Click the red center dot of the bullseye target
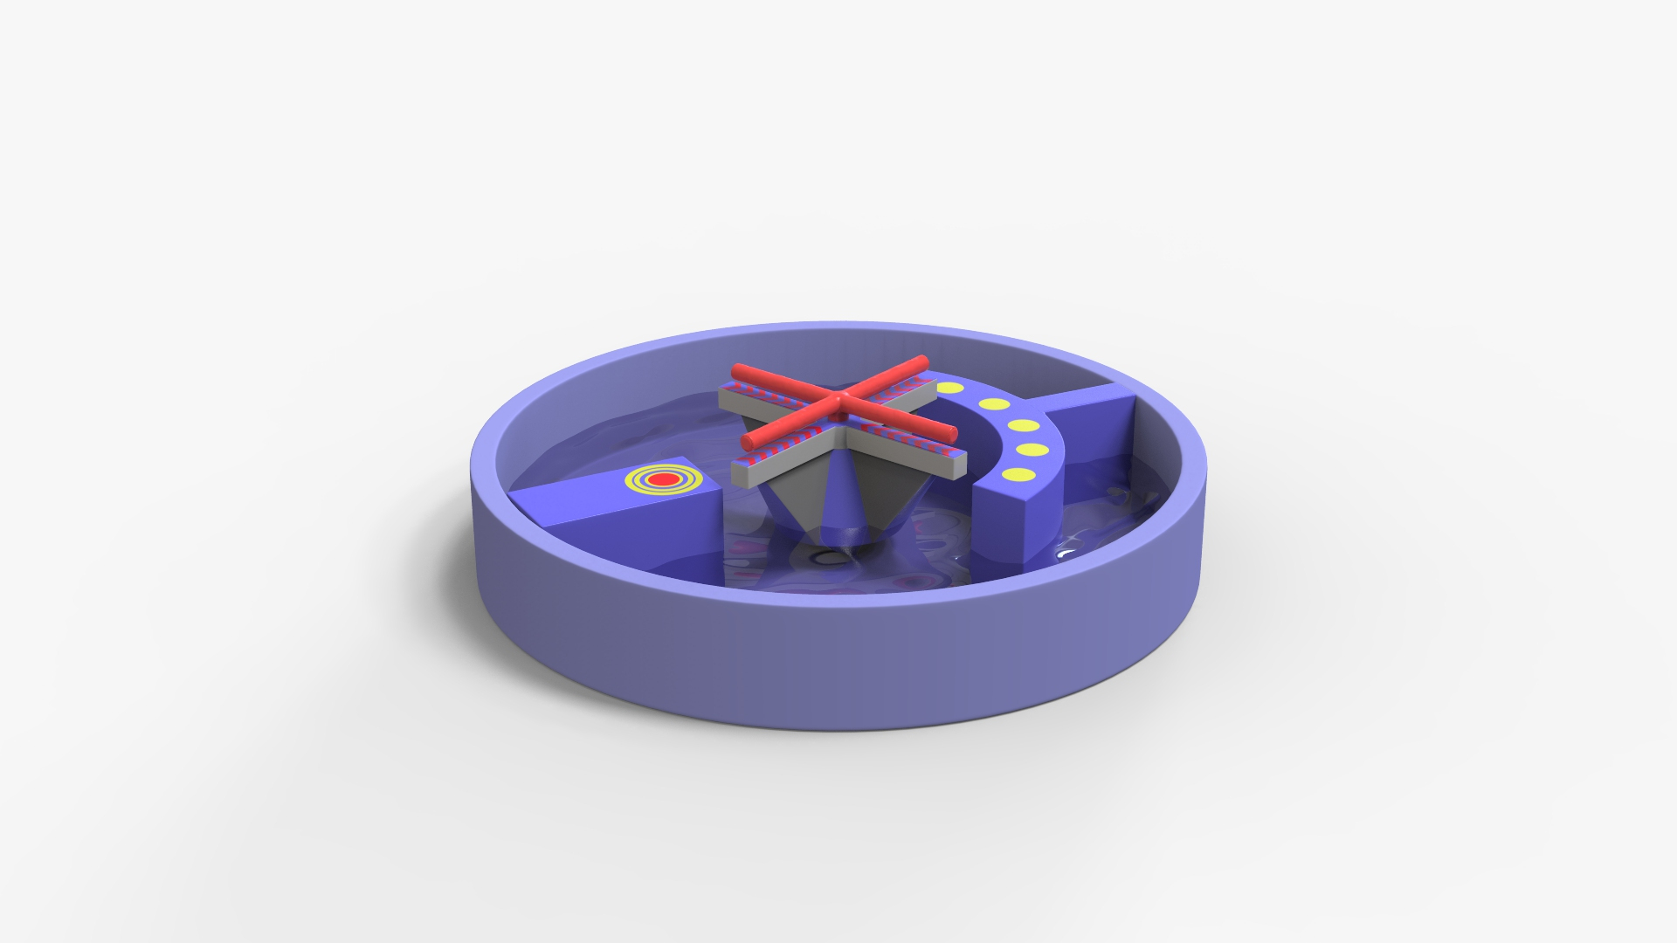[661, 478]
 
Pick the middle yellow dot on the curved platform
[1023, 426]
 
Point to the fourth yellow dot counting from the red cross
[1032, 450]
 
